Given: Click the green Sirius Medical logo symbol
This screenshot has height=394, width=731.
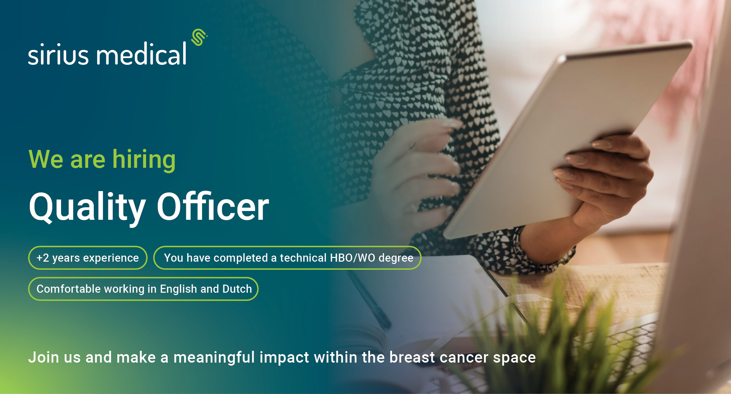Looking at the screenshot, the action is (x=199, y=37).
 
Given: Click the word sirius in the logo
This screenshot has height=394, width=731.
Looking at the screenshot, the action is (x=58, y=54).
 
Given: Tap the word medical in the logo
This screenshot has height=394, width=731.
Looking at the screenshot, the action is (x=141, y=53).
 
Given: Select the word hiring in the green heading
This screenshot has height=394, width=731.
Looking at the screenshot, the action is (x=144, y=160).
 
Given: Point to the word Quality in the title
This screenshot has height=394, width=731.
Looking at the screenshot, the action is (x=87, y=207).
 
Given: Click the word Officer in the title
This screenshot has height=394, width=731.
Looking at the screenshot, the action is (x=213, y=206).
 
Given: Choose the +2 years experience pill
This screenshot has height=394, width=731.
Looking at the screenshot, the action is (x=88, y=258).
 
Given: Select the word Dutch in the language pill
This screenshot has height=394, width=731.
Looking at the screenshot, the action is (x=237, y=289).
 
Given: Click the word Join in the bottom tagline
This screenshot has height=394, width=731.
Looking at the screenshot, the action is (x=44, y=357).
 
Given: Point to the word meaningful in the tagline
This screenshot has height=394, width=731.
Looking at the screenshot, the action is (x=214, y=358).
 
